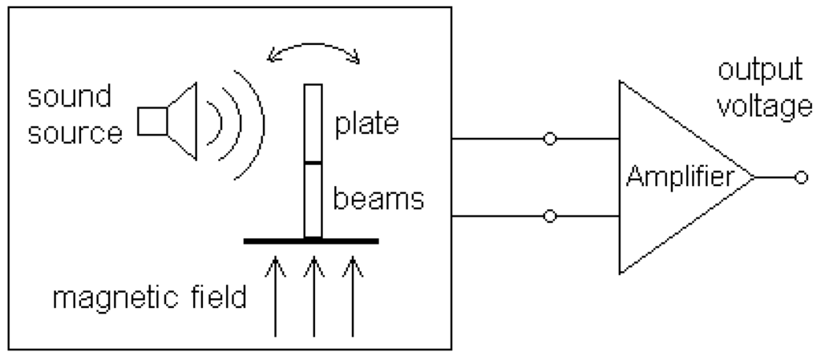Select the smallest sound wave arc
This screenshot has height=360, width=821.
pos(211,120)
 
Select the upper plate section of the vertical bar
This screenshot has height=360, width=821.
pos(313,124)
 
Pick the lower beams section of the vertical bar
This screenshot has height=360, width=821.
pos(313,200)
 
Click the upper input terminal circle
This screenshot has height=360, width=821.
pos(549,139)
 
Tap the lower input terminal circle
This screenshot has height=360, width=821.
pos(549,216)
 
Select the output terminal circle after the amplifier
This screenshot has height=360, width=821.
pos(799,178)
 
